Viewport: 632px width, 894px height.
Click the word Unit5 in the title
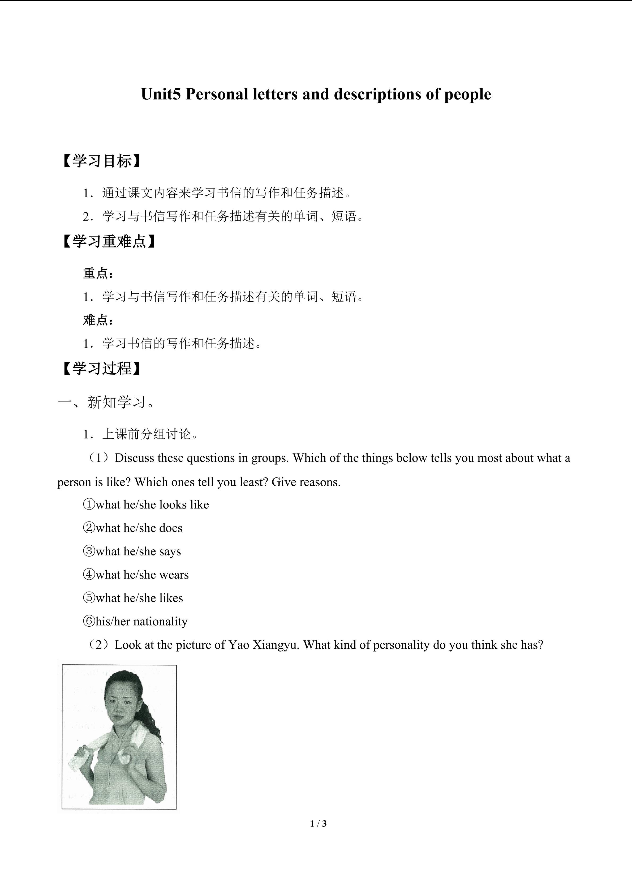point(161,95)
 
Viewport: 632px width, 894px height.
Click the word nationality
point(160,621)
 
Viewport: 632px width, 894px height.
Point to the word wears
point(174,575)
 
